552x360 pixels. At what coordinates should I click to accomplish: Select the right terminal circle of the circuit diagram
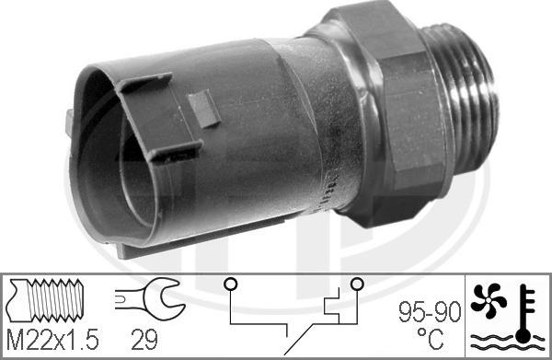[355, 283]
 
